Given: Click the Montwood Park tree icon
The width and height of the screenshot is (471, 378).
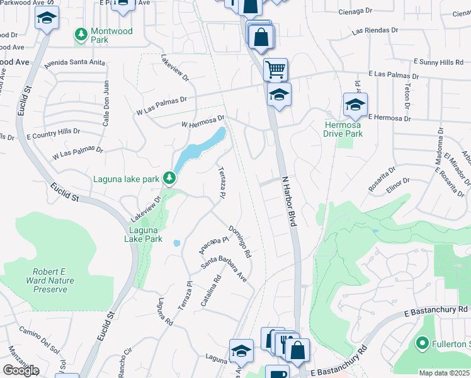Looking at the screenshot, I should (81, 32).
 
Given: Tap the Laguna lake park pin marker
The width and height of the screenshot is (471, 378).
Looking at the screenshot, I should (169, 179).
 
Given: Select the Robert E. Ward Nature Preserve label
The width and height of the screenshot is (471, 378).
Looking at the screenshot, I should (47, 280).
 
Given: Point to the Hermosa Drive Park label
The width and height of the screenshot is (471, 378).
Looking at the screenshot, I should (343, 129).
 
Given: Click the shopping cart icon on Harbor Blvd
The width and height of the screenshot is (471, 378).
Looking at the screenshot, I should (275, 69).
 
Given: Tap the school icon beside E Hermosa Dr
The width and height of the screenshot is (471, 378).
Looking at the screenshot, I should (355, 105).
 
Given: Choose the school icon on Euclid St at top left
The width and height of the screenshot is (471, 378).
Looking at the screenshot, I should (47, 19).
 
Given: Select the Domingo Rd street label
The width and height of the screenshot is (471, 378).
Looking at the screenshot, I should (241, 242).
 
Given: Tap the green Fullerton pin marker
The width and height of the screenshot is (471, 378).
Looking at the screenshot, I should (421, 344).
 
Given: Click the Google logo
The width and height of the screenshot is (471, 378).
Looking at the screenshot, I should (21, 370).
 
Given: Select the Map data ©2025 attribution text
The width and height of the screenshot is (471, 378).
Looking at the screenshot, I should (445, 373).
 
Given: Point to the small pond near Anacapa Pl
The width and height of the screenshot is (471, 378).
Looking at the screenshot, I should (177, 243).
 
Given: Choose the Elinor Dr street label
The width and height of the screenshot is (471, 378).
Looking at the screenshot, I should (398, 184).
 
